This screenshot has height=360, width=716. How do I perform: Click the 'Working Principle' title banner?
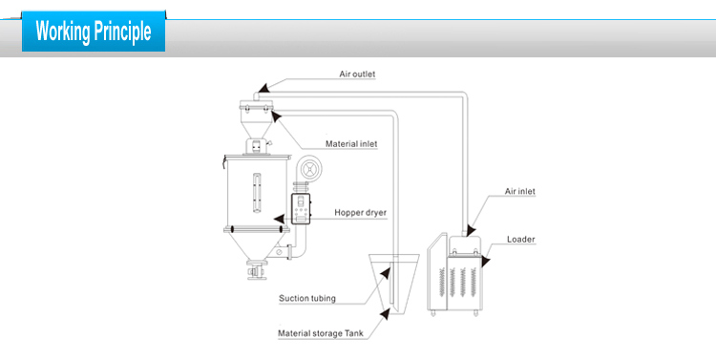(x=94, y=31)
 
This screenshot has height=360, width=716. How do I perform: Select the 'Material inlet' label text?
(x=351, y=143)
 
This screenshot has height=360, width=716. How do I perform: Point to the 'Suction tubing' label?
(x=307, y=298)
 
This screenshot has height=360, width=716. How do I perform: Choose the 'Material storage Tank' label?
(x=322, y=334)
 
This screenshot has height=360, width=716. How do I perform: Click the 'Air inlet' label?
(x=520, y=191)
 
